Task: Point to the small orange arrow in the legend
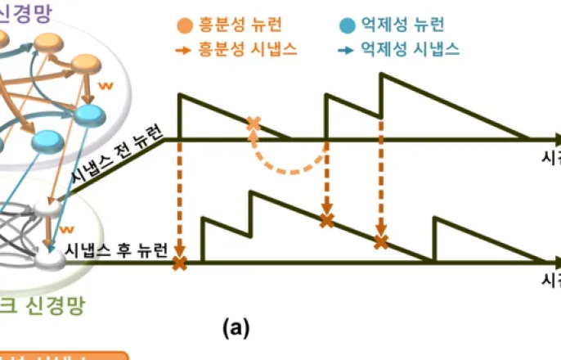[185, 50]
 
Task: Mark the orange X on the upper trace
[254, 124]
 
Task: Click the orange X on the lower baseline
[179, 263]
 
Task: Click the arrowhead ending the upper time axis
[555, 140]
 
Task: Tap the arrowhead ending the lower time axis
[555, 263]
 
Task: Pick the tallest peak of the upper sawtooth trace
[381, 74]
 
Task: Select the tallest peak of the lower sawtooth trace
[250, 192]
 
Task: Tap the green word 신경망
[58, 307]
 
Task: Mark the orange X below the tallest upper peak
[380, 241]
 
